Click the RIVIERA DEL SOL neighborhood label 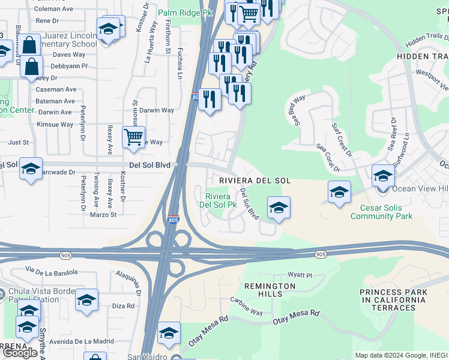[255, 181]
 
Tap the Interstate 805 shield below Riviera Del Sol [173, 220]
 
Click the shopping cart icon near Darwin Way [133, 136]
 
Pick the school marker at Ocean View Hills [383, 176]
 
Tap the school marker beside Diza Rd [86, 301]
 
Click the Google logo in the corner [20, 353]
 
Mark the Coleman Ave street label [55, 9]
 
